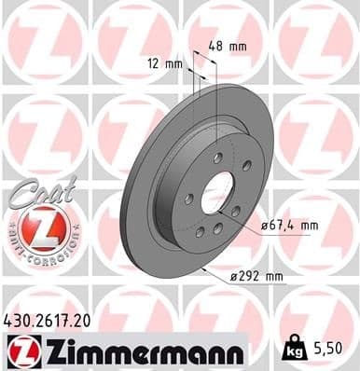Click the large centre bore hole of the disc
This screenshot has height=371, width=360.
[216, 193]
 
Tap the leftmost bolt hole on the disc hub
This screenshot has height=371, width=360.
[188, 198]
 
